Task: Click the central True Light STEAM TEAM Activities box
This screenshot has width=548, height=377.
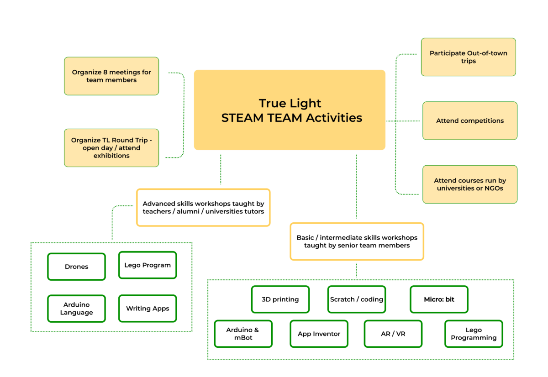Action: coord(290,110)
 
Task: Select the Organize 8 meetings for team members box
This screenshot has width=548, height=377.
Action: coord(111,76)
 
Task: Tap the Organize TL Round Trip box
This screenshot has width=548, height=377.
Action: coord(111,148)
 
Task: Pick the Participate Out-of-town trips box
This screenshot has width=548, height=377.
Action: coord(468,57)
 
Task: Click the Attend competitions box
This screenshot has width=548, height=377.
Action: coord(470,120)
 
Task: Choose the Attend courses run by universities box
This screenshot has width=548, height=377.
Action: coord(470,184)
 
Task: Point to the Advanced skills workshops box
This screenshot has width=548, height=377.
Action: coord(203,208)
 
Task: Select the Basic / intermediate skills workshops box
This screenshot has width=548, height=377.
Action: coord(357,241)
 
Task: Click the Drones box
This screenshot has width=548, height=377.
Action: coord(76,267)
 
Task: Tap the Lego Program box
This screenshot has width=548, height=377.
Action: coord(148,265)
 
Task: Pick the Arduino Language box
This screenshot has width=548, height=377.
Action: coord(76,309)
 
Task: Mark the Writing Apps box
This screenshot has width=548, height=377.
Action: coord(148,309)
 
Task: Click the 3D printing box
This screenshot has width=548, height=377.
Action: coord(280,299)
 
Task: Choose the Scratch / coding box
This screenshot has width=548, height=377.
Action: coord(357,299)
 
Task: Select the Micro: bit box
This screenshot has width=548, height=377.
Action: coord(439,299)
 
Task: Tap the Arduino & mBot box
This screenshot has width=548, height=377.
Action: coord(243,334)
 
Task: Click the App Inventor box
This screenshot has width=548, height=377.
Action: coord(319,334)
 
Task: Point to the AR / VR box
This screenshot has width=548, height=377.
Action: coord(393,334)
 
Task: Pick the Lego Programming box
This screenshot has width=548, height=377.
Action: coord(474,334)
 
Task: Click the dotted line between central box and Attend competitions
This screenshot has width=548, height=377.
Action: coord(403,121)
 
